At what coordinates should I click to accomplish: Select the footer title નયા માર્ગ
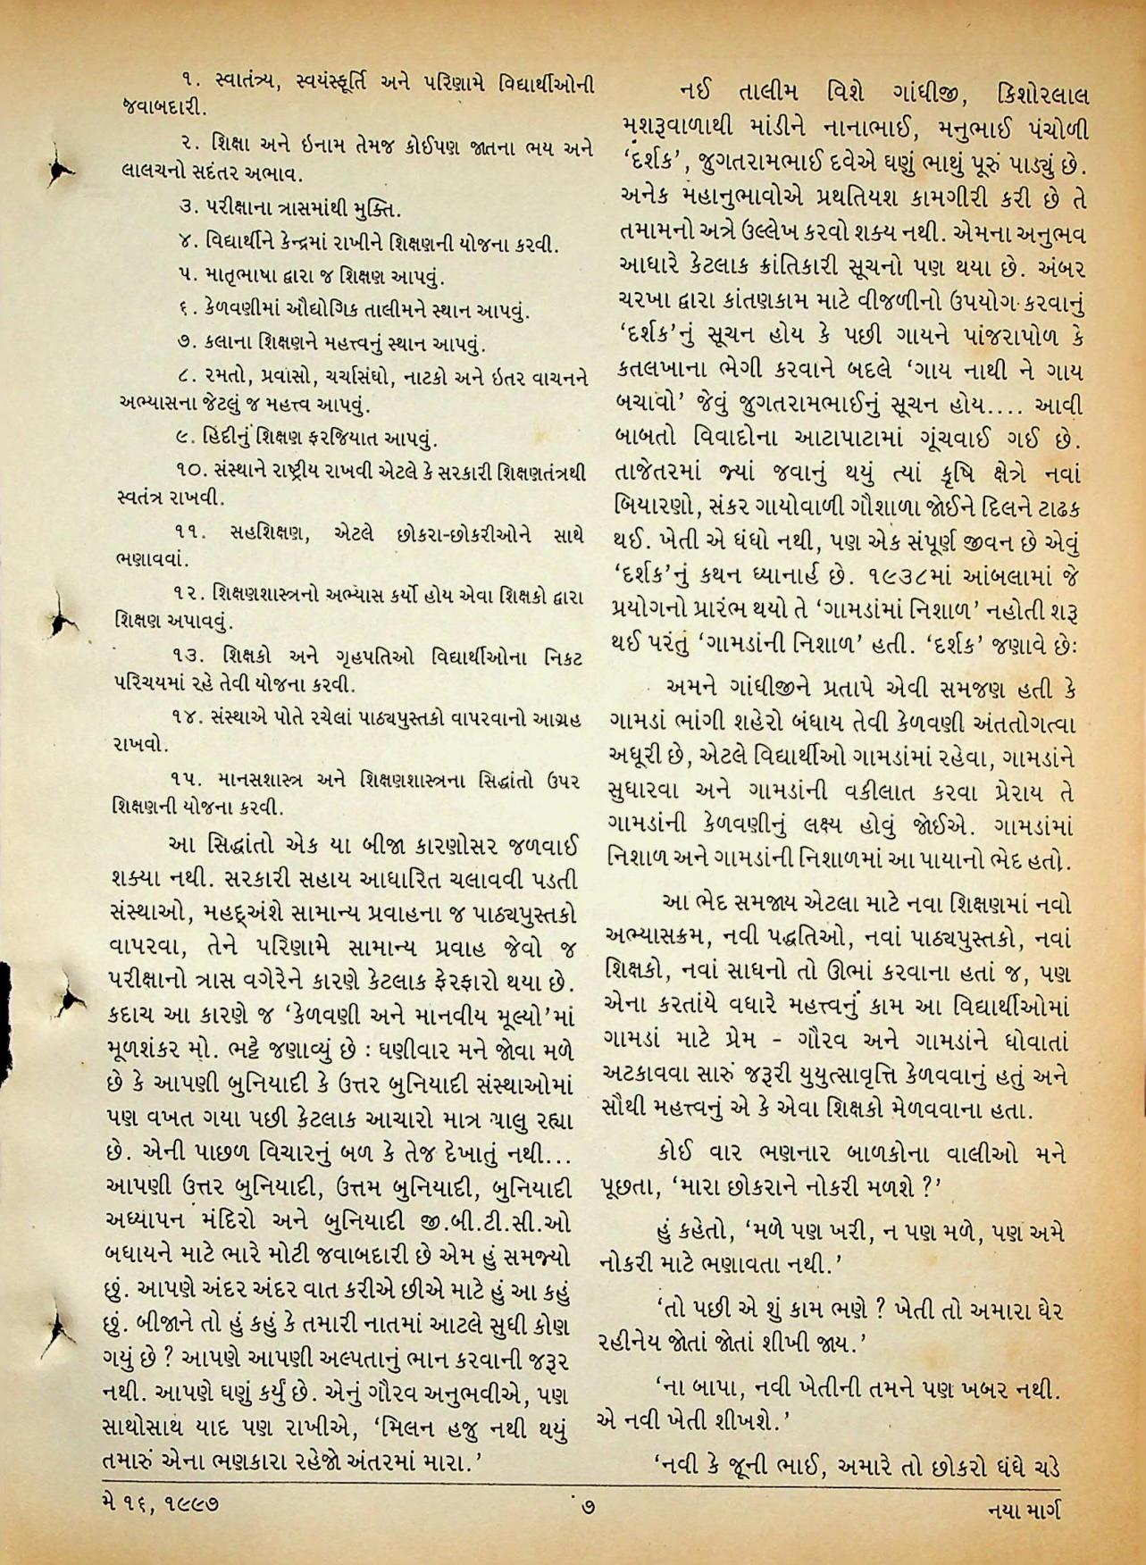tap(1028, 1510)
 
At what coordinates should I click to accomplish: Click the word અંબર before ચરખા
tap(1057, 269)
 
